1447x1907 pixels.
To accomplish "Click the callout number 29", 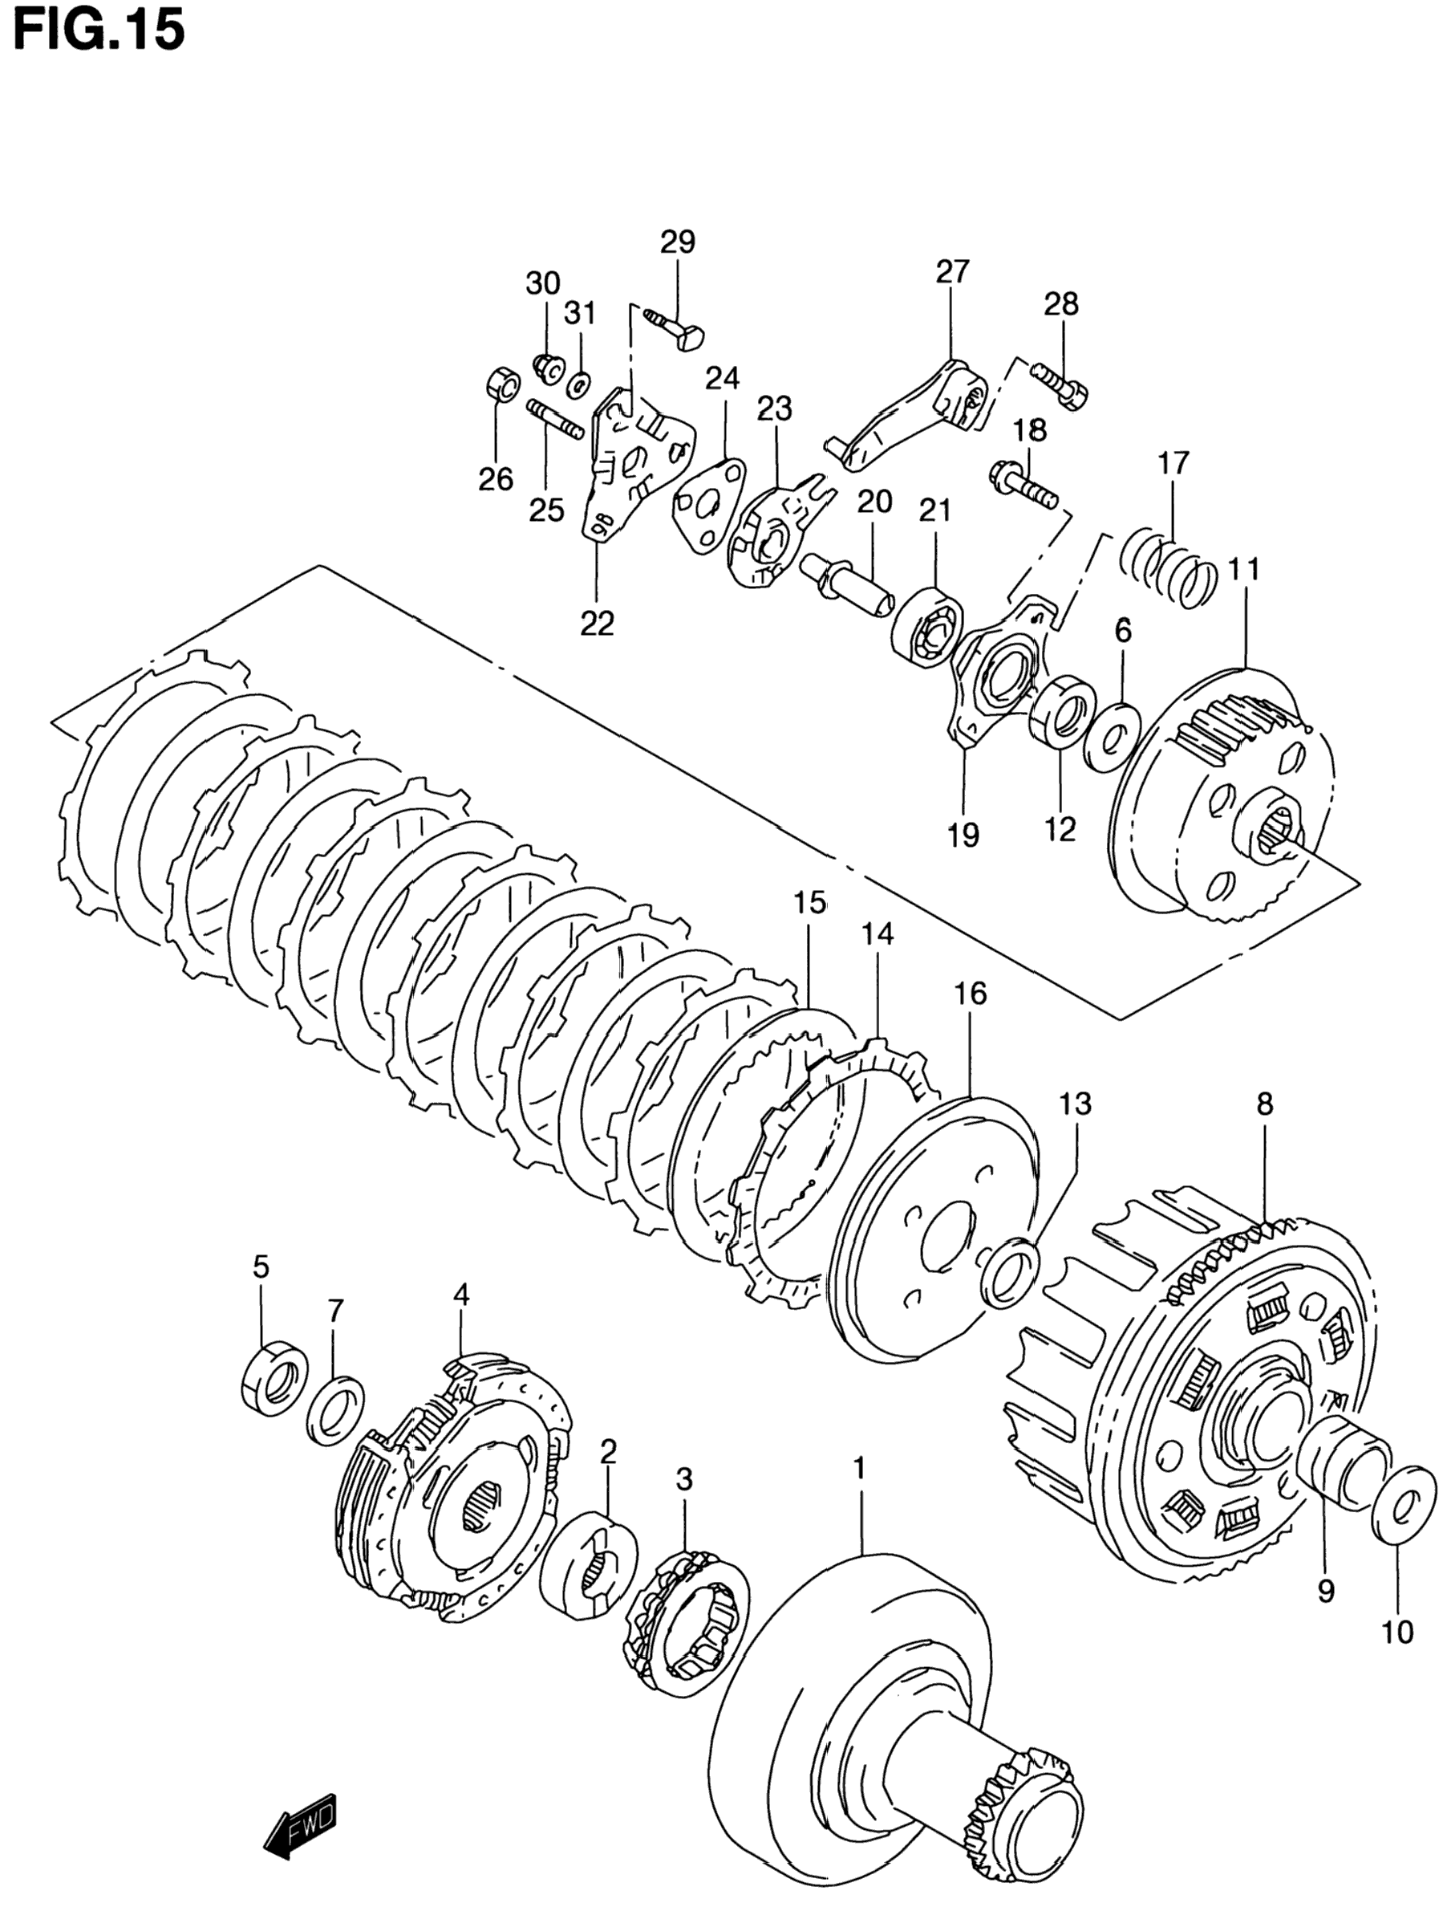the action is (679, 242).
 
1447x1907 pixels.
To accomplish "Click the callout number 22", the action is (597, 623).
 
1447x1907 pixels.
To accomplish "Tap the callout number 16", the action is (970, 994).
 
